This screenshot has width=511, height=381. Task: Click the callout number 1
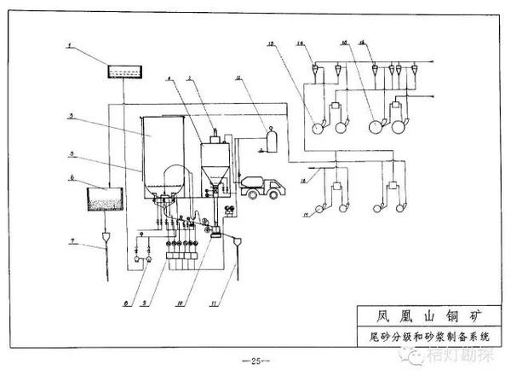click(x=72, y=43)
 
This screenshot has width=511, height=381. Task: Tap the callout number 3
click(x=74, y=115)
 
